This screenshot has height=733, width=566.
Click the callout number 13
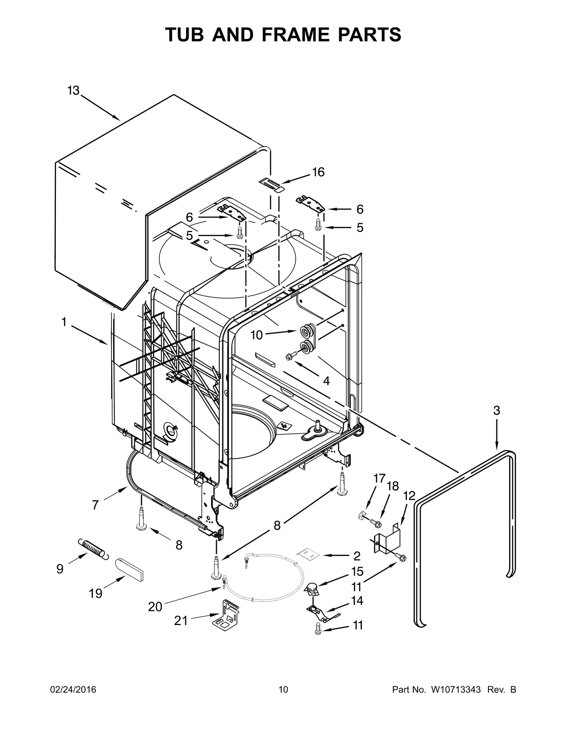73,91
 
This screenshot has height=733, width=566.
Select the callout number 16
318,172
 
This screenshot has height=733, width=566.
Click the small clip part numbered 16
271,184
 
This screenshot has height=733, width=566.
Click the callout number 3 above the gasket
497,411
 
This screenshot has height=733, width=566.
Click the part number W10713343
456,689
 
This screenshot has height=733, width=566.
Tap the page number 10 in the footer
283,689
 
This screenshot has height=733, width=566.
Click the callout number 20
155,607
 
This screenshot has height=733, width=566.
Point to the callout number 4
326,381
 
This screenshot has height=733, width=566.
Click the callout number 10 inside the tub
257,335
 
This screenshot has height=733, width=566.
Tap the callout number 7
95,505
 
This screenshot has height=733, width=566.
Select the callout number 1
64,322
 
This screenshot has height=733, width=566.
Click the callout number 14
357,601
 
